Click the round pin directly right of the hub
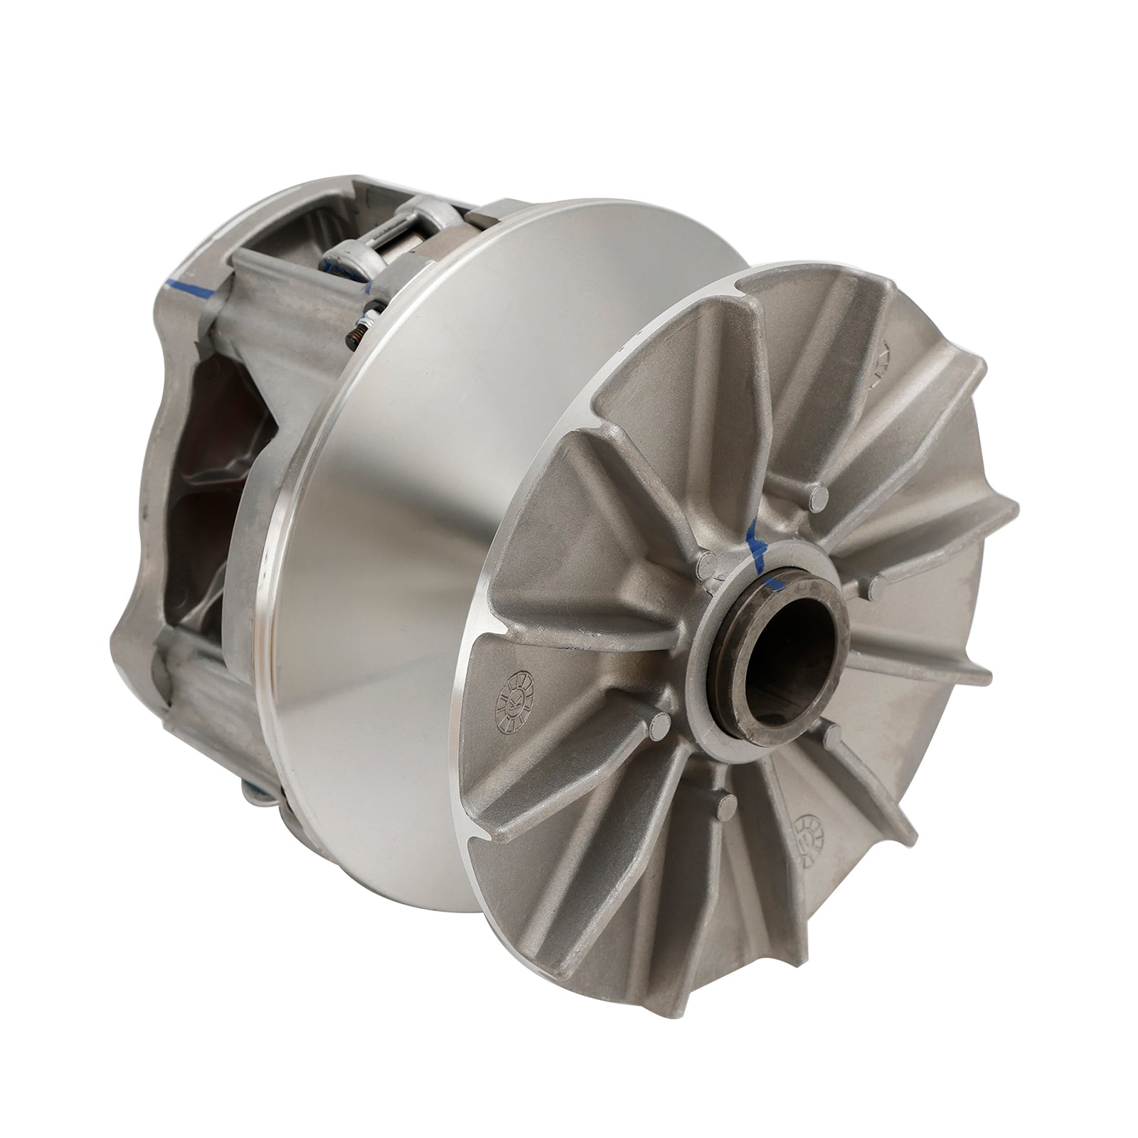(x=879, y=587)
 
